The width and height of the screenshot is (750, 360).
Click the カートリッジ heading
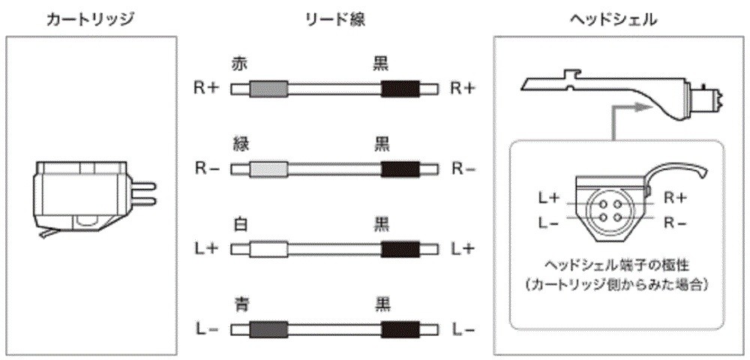(89, 18)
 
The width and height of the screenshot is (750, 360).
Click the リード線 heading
(334, 18)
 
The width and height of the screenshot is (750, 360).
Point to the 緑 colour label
(240, 145)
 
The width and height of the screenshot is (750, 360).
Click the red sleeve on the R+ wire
(268, 89)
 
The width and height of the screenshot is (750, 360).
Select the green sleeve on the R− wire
(268, 169)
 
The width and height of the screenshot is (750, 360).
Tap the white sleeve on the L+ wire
(268, 249)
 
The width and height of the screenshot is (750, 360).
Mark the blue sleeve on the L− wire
(268, 329)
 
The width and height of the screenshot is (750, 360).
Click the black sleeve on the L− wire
(400, 329)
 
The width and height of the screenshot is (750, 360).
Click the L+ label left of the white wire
(206, 248)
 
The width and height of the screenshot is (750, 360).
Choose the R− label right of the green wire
(463, 169)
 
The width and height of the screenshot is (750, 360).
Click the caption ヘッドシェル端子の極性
(614, 265)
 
